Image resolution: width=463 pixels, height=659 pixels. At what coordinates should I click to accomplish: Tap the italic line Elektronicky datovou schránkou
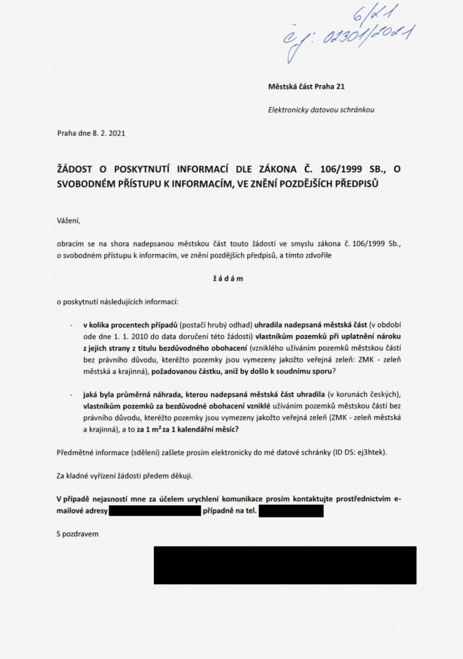point(321,110)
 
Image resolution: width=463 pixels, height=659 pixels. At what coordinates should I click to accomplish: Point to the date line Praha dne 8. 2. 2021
point(91,133)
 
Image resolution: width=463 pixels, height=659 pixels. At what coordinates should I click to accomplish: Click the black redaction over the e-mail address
point(155,511)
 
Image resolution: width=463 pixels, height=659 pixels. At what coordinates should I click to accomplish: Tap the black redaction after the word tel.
point(291,511)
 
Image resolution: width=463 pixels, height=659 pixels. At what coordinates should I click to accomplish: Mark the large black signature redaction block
point(284,565)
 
